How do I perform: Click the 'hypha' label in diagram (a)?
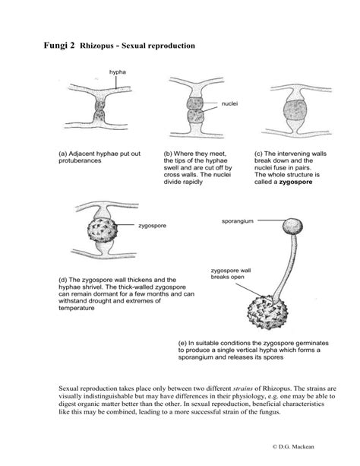pos(118,72)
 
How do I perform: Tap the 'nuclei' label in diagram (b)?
pos(230,101)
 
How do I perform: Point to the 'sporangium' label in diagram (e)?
pos(236,222)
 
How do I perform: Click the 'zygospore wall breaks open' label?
pos(232,274)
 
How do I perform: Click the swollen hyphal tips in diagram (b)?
pos(189,114)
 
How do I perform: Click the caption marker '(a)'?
pos(64,154)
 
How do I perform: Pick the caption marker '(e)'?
pos(183,342)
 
